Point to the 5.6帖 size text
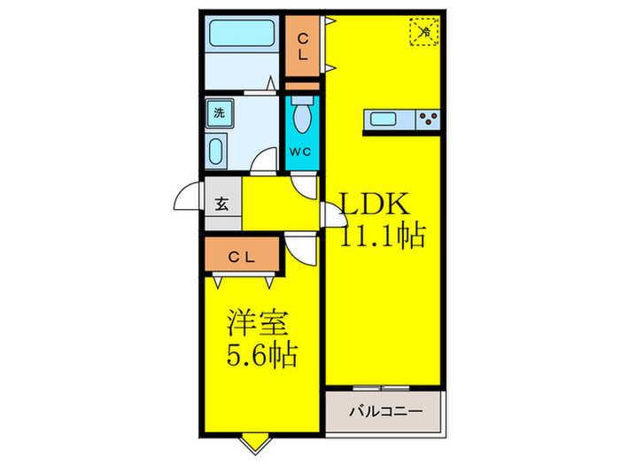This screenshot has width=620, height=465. (x=259, y=356)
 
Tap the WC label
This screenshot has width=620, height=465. (x=301, y=151)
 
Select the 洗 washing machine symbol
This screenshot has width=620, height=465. (x=219, y=112)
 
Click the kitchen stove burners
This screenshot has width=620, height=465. (x=427, y=118)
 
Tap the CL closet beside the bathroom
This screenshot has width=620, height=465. (x=303, y=46)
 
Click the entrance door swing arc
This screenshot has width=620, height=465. (x=188, y=198)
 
